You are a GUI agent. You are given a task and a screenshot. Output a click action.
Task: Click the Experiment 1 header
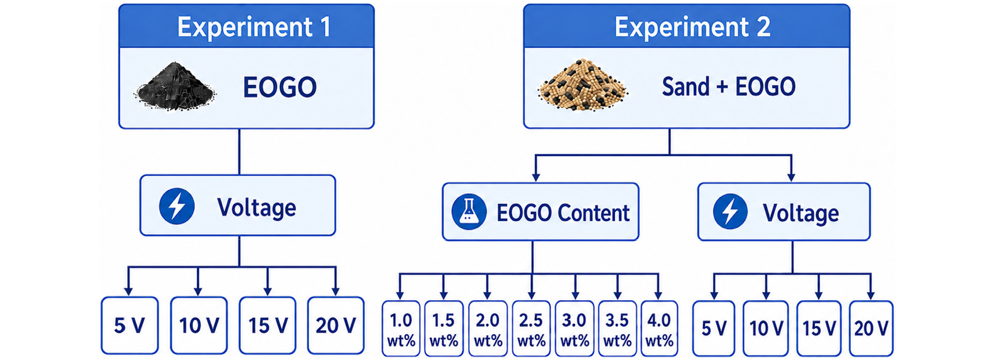247,26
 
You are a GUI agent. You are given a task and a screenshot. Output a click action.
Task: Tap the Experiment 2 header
687,26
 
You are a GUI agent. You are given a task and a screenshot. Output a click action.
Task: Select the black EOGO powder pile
175,86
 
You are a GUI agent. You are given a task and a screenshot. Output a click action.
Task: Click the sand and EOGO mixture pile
582,85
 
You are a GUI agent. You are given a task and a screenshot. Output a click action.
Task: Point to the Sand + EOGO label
729,87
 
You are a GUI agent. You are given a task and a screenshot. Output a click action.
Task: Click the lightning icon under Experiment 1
177,206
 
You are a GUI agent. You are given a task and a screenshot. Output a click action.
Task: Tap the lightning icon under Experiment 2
730,211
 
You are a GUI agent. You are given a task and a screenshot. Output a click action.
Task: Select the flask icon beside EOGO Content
469,211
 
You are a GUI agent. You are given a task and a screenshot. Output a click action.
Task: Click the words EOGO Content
563,213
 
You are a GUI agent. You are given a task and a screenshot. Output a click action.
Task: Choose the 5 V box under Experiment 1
130,325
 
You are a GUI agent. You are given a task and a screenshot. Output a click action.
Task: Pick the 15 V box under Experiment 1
268,325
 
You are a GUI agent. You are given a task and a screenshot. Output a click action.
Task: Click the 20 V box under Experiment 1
336,325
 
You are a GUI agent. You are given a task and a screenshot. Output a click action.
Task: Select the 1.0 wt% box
401,329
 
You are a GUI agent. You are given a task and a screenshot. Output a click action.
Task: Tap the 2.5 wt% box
531,329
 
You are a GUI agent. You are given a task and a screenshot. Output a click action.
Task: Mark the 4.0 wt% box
659,329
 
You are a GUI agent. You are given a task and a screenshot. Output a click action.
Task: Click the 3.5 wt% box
617,329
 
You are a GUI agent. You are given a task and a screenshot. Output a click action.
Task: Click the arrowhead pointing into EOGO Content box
536,177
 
